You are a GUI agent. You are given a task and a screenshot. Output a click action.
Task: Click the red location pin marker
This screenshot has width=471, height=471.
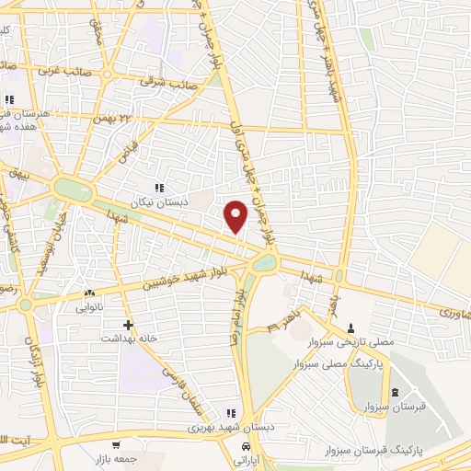click(236, 215)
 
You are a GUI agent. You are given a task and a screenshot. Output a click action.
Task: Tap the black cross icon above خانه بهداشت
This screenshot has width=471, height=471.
click(128, 325)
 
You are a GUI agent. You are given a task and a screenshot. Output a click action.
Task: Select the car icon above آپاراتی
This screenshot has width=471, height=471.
click(245, 447)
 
